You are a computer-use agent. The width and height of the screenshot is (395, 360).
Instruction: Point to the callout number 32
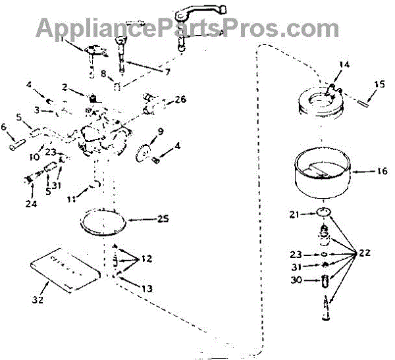click(38, 299)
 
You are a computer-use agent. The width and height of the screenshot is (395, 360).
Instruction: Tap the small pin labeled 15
click(366, 100)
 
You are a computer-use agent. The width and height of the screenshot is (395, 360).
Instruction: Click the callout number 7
click(167, 71)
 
